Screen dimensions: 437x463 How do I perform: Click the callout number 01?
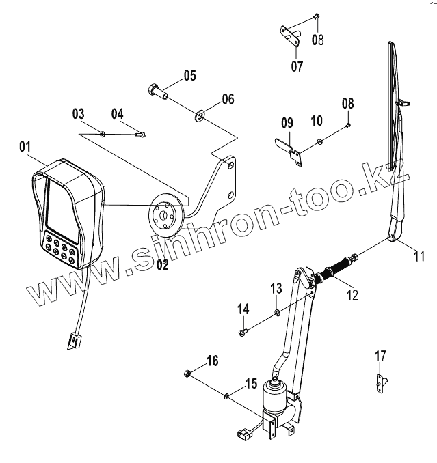[x=25, y=146]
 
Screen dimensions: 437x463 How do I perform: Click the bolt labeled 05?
[x=155, y=89]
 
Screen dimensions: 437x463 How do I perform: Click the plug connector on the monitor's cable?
[x=73, y=339]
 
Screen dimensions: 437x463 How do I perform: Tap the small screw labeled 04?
[x=142, y=134]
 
